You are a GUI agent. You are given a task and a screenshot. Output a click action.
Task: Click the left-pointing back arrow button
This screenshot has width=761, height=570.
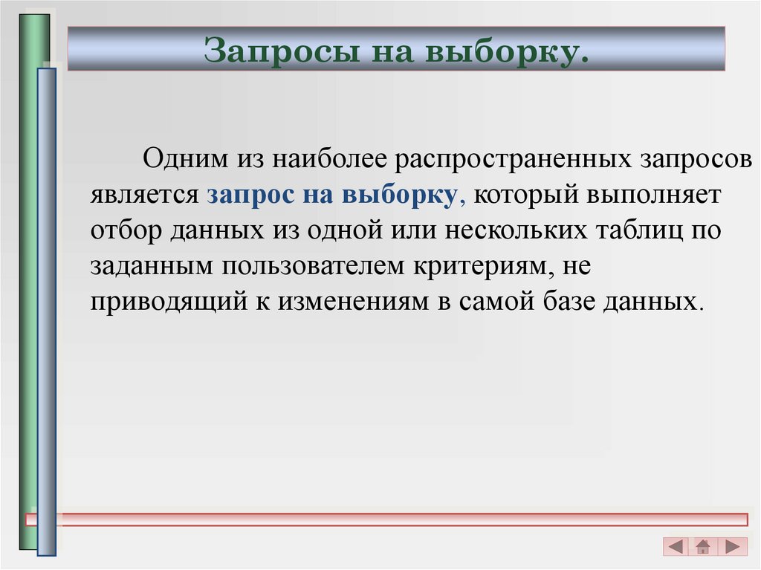point(676,547)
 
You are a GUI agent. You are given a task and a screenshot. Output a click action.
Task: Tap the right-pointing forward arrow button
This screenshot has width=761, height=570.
point(732,547)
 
